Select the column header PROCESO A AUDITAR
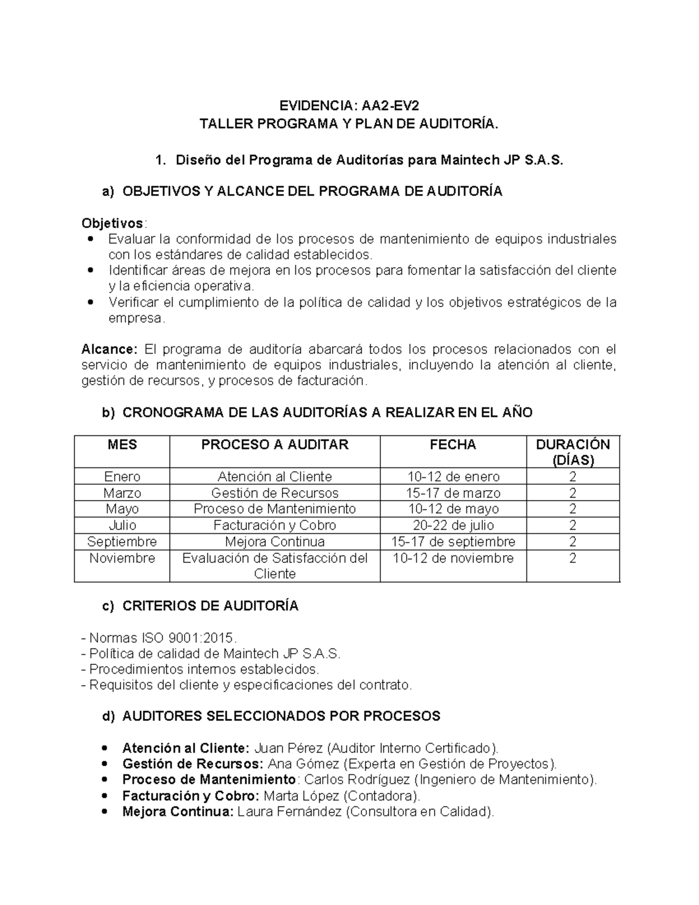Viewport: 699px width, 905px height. (x=274, y=445)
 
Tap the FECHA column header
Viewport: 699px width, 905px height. (x=453, y=445)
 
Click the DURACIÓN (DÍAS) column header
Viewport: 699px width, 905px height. (x=573, y=452)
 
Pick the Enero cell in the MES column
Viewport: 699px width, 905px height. (x=122, y=477)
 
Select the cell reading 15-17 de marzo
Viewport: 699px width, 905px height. (x=453, y=493)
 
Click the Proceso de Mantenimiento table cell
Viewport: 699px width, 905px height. (x=274, y=509)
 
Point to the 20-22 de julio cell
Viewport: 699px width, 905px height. (x=453, y=525)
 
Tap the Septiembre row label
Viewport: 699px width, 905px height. (x=122, y=541)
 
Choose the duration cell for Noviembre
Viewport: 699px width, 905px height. (x=573, y=558)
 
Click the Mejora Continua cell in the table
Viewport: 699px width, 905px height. (x=274, y=541)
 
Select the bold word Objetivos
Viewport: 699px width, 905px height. (x=112, y=223)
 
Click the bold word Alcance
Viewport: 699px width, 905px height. (x=108, y=349)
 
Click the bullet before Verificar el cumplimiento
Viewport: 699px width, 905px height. (x=89, y=302)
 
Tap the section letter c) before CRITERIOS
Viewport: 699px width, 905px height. (x=108, y=606)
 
